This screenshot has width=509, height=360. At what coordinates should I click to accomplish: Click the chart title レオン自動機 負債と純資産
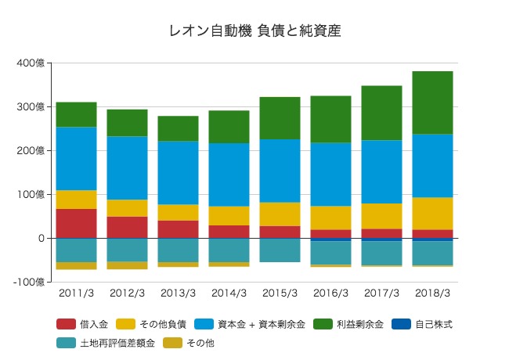[254, 31]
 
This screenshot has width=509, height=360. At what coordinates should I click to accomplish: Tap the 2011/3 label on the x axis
[76, 293]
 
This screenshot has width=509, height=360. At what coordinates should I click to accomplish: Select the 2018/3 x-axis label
[432, 293]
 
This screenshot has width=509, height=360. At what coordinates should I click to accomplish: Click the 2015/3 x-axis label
[280, 293]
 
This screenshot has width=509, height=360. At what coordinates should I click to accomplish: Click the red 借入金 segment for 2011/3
[76, 223]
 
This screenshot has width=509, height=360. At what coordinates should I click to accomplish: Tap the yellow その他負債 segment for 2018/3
[432, 214]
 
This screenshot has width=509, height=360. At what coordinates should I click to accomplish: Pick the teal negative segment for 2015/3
[280, 250]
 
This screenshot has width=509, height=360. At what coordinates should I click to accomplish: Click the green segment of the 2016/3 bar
[330, 119]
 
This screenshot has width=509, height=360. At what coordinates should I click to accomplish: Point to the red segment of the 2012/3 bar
[127, 227]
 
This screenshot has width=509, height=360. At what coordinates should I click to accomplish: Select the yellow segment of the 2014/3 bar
[229, 216]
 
